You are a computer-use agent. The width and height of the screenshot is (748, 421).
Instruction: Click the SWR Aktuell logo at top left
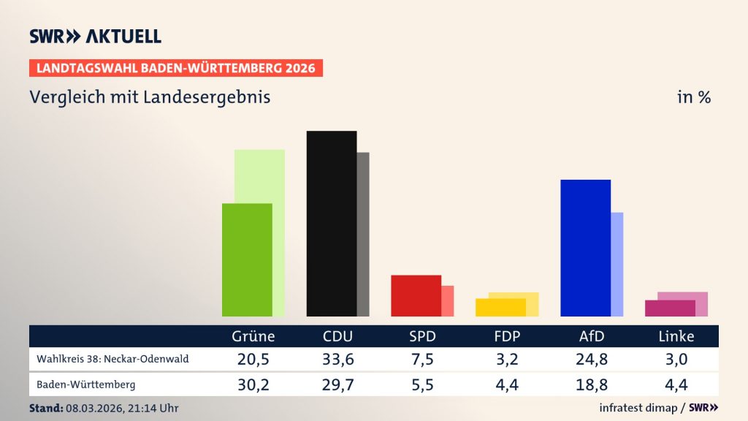[95, 37]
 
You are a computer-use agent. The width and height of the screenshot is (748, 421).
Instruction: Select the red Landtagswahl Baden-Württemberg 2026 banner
[176, 68]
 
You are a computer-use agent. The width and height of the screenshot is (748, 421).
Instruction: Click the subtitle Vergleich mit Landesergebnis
[150, 97]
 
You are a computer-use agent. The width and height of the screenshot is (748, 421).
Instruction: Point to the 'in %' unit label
[693, 97]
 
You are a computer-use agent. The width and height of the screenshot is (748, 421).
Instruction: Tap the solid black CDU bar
[331, 224]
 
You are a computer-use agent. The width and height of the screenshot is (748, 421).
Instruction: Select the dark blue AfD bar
[584, 248]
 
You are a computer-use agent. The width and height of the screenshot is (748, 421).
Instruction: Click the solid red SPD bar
[416, 295]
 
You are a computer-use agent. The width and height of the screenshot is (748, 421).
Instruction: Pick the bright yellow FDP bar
[500, 307]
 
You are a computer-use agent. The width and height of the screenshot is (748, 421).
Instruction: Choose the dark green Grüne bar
[247, 259]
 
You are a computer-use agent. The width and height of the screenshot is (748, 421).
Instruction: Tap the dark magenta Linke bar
[669, 308]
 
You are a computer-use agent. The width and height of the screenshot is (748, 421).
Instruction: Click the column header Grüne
[253, 337]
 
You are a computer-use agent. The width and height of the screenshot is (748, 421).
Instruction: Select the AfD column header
[591, 337]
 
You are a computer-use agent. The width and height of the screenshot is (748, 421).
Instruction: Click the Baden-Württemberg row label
[85, 384]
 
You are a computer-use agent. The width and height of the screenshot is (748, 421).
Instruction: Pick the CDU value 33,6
[337, 359]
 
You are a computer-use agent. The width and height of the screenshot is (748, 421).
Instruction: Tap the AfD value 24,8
[591, 359]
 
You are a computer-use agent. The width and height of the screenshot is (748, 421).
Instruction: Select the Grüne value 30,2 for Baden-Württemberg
[253, 384]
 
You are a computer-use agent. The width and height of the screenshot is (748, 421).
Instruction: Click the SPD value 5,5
[422, 384]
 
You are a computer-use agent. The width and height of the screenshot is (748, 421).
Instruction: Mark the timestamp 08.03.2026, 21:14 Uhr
[121, 408]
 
